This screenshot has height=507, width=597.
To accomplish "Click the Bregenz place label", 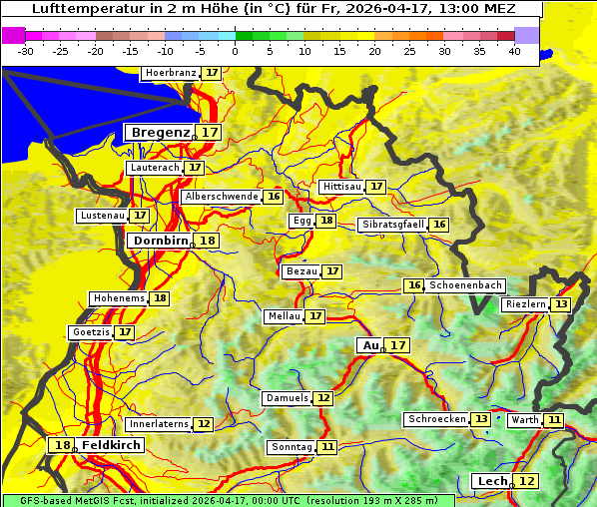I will (159, 133).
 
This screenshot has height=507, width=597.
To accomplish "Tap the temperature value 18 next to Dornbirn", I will (207, 241).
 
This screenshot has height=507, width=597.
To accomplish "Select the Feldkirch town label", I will (112, 445).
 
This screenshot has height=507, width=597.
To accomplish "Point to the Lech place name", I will (492, 481).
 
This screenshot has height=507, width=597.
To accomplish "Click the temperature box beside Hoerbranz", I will (212, 73).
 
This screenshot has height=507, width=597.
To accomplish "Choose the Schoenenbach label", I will (465, 285).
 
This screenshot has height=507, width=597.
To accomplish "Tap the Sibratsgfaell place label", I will (392, 225).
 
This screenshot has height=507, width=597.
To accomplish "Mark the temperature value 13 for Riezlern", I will (561, 304).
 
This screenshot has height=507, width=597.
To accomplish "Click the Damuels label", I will (287, 398).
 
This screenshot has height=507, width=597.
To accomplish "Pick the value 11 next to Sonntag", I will (327, 447).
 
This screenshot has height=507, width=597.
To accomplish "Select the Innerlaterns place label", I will (159, 424).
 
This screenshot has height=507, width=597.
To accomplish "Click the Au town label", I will (370, 345).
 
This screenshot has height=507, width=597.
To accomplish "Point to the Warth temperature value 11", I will (553, 420).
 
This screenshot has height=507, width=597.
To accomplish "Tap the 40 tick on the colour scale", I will (514, 50).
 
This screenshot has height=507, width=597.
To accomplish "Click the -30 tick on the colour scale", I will (26, 50).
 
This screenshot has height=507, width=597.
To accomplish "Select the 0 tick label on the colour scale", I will (236, 50).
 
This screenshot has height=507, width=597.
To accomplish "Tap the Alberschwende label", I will (222, 197).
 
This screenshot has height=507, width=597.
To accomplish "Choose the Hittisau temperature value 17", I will (376, 187).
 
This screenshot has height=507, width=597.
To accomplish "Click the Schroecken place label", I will (436, 419).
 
